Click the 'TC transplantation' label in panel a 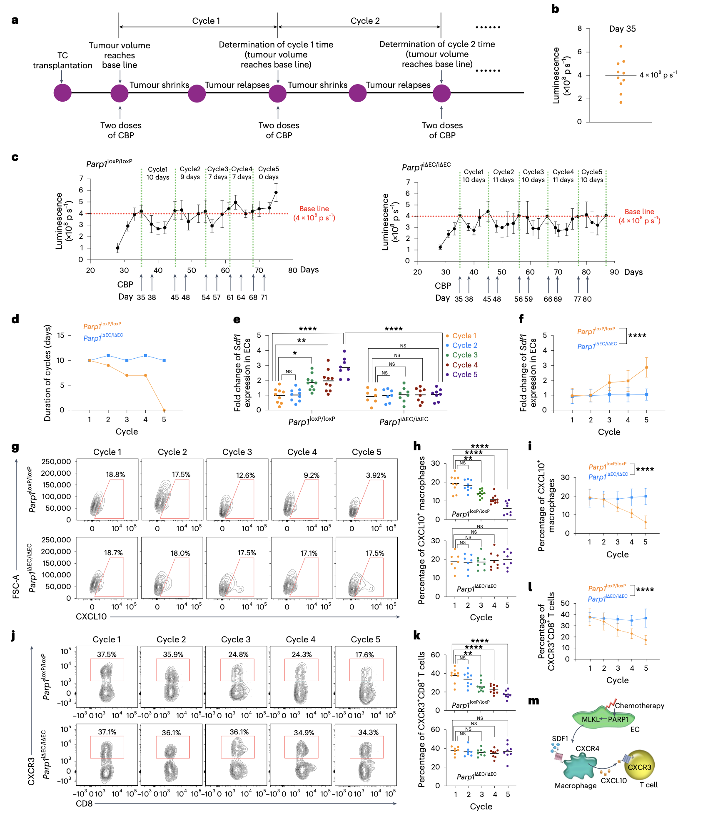[x=62, y=60]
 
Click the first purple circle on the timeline [x=62, y=93]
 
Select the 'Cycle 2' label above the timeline [x=365, y=21]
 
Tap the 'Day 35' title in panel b [x=622, y=29]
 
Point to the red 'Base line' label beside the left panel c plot [x=314, y=209]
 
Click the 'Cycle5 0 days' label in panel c [x=269, y=173]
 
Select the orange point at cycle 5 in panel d [x=164, y=410]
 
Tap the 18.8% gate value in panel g [x=115, y=474]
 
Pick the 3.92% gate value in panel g [x=376, y=475]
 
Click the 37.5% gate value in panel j [x=107, y=654]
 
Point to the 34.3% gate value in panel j [x=368, y=732]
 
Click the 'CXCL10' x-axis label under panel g [x=91, y=617]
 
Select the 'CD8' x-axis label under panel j [x=84, y=803]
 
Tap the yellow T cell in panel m [x=639, y=767]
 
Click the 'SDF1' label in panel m [x=560, y=739]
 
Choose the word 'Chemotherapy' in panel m [x=639, y=706]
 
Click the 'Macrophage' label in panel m [x=575, y=785]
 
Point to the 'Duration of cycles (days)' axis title [x=47, y=373]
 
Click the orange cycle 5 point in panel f [x=646, y=367]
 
